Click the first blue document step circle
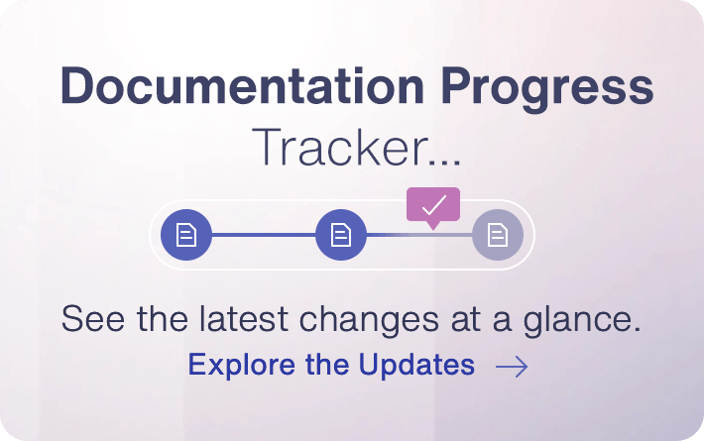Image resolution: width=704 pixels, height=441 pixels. (186, 235)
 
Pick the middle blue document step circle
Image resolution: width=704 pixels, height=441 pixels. (341, 235)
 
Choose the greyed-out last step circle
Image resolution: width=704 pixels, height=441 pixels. (497, 235)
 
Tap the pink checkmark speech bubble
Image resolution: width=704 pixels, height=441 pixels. (433, 205)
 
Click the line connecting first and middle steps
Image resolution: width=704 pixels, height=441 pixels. (264, 235)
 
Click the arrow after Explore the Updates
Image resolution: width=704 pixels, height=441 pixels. (512, 367)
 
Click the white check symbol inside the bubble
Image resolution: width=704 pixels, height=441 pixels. (433, 204)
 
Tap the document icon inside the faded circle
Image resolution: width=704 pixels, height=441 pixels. (497, 235)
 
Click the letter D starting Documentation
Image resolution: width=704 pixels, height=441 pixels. (75, 87)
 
